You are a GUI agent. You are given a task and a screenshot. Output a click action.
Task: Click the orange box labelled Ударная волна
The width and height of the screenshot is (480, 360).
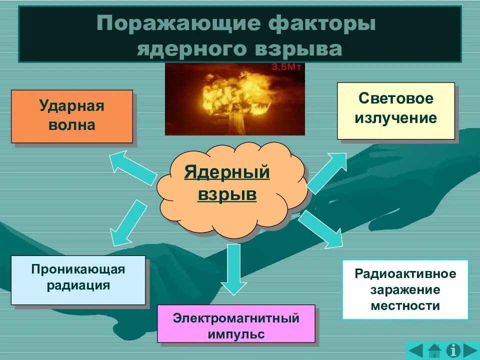(x=71, y=116)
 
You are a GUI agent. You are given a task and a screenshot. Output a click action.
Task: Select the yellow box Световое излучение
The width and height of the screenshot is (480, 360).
(x=395, y=110)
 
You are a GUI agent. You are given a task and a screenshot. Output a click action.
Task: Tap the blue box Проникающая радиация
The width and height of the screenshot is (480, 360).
(x=78, y=279)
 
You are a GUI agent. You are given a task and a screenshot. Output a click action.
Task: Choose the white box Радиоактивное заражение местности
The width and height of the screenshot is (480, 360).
(x=405, y=289)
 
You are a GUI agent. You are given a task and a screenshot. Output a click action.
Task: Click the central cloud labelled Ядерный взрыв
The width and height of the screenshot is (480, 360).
(x=227, y=184)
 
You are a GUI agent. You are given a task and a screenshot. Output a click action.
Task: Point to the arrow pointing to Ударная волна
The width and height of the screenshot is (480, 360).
(x=133, y=167)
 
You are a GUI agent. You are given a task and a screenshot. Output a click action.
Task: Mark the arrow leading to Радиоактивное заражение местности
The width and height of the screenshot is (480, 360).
(x=322, y=228)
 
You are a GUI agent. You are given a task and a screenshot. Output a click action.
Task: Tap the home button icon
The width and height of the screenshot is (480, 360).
(x=434, y=350)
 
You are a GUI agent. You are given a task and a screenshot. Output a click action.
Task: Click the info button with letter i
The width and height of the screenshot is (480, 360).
(x=453, y=350)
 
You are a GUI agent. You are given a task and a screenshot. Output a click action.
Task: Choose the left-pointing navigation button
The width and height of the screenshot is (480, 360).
(x=416, y=350)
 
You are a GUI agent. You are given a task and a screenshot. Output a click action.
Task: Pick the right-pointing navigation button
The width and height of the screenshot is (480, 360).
(x=470, y=350)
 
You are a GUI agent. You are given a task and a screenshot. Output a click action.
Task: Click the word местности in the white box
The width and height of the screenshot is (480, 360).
(x=405, y=305)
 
